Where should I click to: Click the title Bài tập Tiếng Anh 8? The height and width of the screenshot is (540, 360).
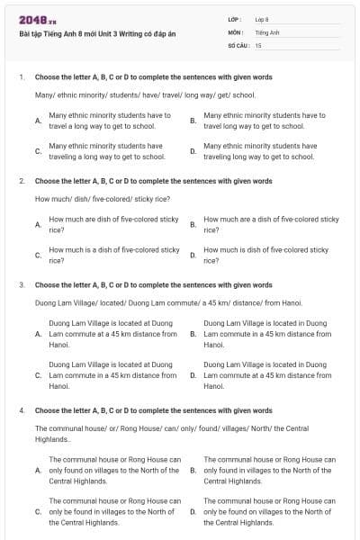pyautogui.click(x=98, y=35)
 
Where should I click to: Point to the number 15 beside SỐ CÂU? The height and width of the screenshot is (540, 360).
pyautogui.click(x=258, y=44)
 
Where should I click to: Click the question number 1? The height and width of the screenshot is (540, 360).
pyautogui.click(x=22, y=78)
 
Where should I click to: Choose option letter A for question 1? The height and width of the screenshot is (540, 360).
pyautogui.click(x=37, y=121)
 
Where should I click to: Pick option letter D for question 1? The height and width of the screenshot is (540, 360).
pyautogui.click(x=193, y=150)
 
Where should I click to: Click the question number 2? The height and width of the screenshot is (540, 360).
pyautogui.click(x=22, y=181)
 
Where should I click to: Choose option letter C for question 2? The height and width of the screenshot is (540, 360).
pyautogui.click(x=37, y=255)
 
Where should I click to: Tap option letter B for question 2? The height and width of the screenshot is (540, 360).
pyautogui.click(x=193, y=224)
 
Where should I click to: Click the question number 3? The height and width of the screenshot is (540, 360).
pyautogui.click(x=22, y=284)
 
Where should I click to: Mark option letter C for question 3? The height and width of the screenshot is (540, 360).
pyautogui.click(x=37, y=374)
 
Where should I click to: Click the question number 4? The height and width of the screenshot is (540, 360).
pyautogui.click(x=22, y=409)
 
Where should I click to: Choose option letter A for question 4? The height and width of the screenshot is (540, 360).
pyautogui.click(x=37, y=470)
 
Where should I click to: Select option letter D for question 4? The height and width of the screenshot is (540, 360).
pyautogui.click(x=193, y=511)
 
